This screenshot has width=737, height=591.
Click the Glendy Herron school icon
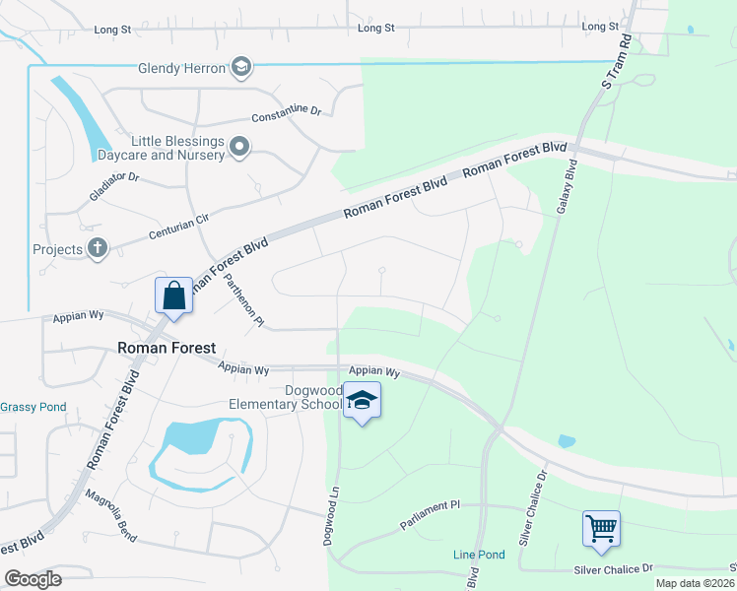point(240,67)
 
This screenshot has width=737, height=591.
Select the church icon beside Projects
point(97,249)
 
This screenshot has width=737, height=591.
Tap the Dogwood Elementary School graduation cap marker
point(362,401)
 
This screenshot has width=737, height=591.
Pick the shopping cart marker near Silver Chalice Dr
point(600,529)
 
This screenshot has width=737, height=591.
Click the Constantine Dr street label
point(287,114)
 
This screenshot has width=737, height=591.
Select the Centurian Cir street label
point(179,228)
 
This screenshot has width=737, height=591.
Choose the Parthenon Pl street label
point(243,299)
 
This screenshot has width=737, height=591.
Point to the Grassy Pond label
point(33,407)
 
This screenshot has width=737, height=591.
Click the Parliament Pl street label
point(430,519)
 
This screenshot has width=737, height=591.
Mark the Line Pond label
point(479,555)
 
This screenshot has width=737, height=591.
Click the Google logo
point(33,579)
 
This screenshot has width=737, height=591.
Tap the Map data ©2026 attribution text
point(696,583)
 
